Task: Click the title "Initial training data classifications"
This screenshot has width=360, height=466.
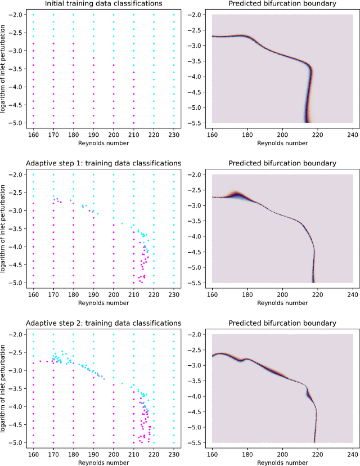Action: pyautogui.click(x=103, y=5)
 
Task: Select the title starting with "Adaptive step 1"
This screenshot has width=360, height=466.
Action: pyautogui.click(x=103, y=163)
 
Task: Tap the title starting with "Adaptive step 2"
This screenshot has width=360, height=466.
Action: pyautogui.click(x=103, y=323)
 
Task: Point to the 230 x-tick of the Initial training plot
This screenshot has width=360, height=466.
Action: pyautogui.click(x=174, y=136)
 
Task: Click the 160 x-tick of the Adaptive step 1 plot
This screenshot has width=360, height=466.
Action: pyautogui.click(x=33, y=295)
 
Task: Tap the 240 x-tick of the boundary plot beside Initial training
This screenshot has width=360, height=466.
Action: pyautogui.click(x=353, y=136)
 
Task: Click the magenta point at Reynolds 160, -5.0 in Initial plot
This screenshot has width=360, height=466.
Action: pyautogui.click(x=33, y=123)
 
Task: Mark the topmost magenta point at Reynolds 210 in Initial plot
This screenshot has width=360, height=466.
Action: pyautogui.click(x=134, y=43)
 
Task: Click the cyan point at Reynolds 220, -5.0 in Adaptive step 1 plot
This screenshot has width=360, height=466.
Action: pyautogui.click(x=154, y=283)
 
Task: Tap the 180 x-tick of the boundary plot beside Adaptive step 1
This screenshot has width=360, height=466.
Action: pyautogui.click(x=247, y=295)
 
